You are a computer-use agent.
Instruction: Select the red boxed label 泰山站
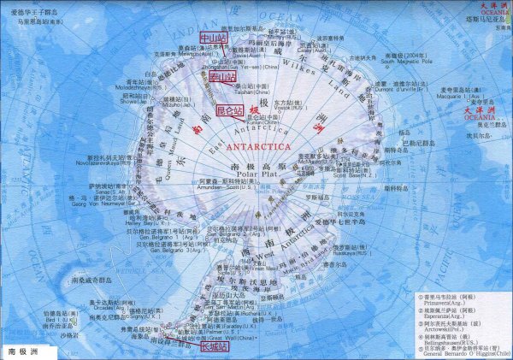[x=221, y=77]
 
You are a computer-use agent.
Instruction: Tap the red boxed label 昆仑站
[x=229, y=111]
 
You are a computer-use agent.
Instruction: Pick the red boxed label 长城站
[x=214, y=347]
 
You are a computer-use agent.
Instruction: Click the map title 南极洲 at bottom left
[x=24, y=351]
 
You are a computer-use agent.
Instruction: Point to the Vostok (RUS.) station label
[x=287, y=108]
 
